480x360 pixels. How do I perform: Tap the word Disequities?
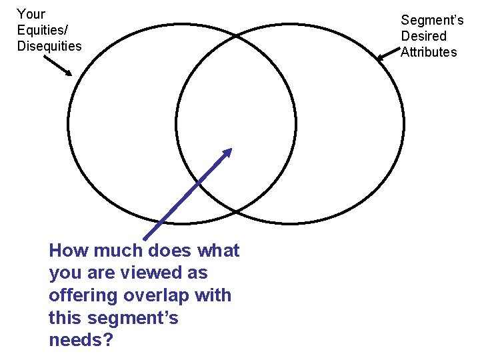click(49, 46)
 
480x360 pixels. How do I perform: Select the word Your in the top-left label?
click(31, 14)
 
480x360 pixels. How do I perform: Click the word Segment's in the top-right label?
click(432, 21)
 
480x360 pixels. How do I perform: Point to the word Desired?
click(423, 36)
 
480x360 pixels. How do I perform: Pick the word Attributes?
click(429, 52)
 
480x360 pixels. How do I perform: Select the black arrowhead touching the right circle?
click(381, 59)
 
